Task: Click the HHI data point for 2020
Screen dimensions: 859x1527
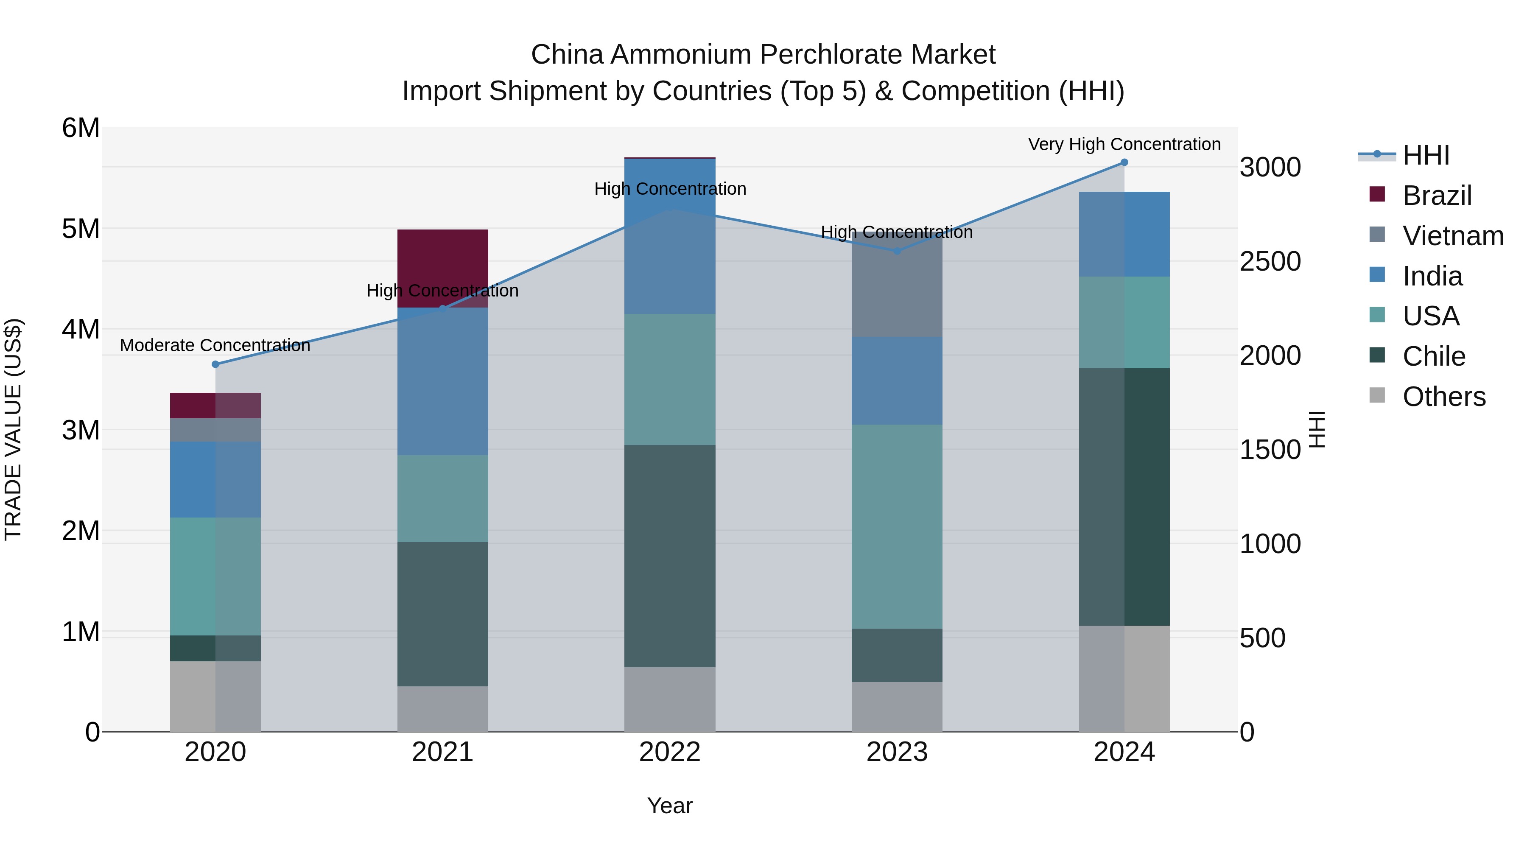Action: click(x=215, y=364)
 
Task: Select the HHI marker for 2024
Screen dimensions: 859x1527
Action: click(x=1124, y=162)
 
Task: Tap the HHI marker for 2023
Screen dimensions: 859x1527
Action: click(x=897, y=251)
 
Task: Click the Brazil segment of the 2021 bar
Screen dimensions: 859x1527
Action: click(x=442, y=261)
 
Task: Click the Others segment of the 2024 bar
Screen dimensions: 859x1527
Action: click(x=1124, y=678)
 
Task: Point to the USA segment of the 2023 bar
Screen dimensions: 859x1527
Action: click(x=897, y=526)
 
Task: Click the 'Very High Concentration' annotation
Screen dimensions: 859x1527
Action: click(x=1124, y=144)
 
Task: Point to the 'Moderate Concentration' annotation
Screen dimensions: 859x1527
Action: click(x=215, y=345)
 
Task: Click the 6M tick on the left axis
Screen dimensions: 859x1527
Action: click(x=81, y=128)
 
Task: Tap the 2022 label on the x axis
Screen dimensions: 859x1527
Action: click(x=670, y=752)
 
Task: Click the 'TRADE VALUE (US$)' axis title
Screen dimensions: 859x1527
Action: click(x=13, y=429)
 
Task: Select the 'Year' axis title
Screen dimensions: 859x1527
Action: click(x=670, y=806)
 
